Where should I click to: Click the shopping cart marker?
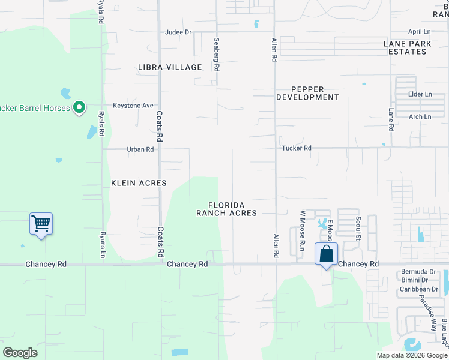click(x=41, y=224)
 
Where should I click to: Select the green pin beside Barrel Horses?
click(x=79, y=108)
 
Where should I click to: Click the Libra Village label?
click(x=170, y=67)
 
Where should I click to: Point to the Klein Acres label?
click(x=139, y=183)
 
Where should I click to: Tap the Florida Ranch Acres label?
click(x=226, y=209)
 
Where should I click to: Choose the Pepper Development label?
click(x=307, y=92)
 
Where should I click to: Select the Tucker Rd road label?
click(x=297, y=148)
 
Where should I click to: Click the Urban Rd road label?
click(x=140, y=149)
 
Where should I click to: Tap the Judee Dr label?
click(x=178, y=32)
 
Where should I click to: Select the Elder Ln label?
click(x=420, y=95)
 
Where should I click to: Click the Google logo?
click(x=20, y=352)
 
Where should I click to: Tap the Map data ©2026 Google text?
click(x=411, y=355)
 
